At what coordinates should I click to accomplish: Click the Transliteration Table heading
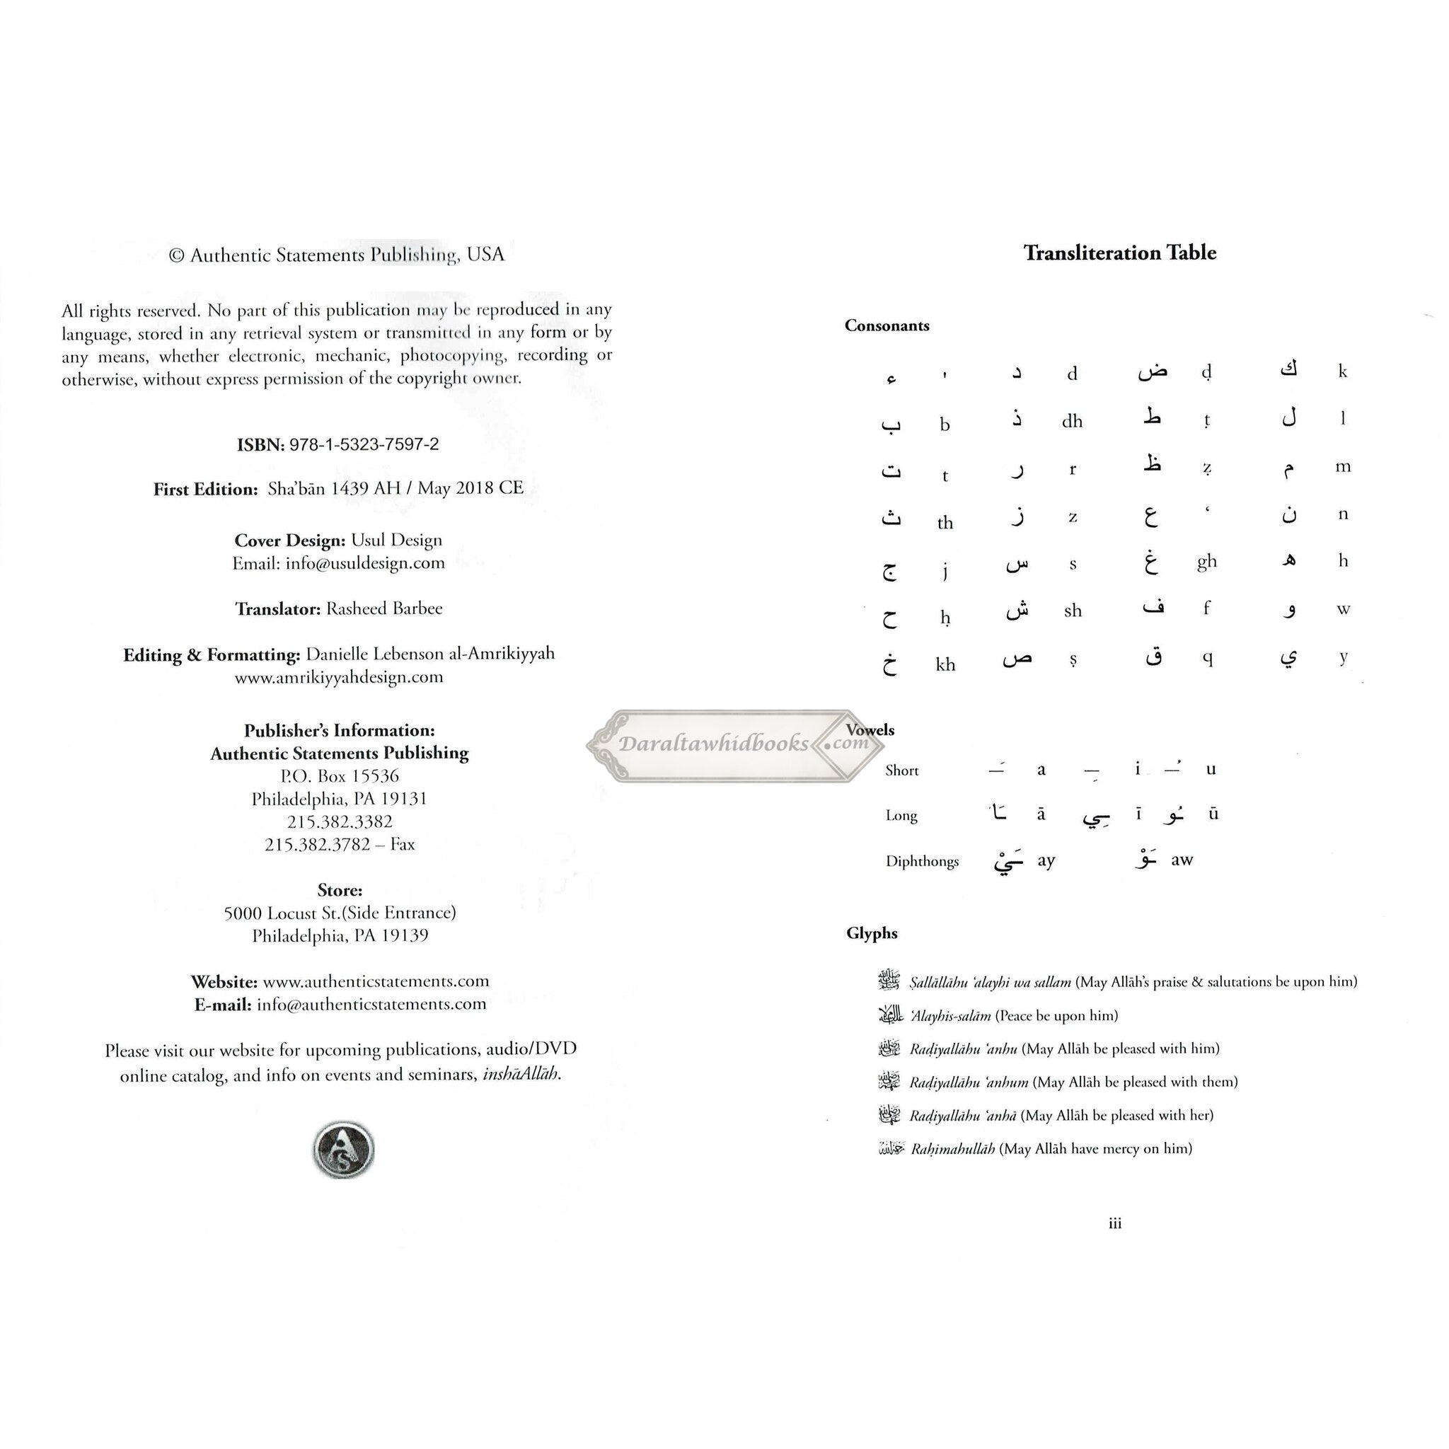(x=1119, y=253)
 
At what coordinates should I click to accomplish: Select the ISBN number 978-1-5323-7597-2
(x=364, y=444)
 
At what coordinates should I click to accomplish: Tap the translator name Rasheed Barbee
(x=384, y=608)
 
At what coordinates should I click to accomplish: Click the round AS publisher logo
(x=342, y=1149)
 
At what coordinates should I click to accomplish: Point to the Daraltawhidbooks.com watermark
(x=735, y=744)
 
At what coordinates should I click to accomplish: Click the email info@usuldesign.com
(x=364, y=563)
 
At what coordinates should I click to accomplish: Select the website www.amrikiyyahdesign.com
(x=339, y=677)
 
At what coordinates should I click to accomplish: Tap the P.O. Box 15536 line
(x=340, y=776)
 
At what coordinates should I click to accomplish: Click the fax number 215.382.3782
(x=317, y=845)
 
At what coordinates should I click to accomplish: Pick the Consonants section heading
(x=887, y=325)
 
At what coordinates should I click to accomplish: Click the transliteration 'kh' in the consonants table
(x=945, y=664)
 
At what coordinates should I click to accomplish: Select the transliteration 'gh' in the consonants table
(x=1206, y=562)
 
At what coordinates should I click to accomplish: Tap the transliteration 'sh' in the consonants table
(x=1073, y=611)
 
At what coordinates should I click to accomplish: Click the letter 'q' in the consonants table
(x=1207, y=658)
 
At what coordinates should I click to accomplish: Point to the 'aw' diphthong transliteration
(x=1182, y=860)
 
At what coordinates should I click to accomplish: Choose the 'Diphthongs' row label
(x=922, y=861)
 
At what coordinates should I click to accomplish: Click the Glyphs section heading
(x=872, y=933)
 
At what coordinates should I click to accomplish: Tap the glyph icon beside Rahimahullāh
(x=891, y=1148)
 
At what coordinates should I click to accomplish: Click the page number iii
(x=1114, y=1223)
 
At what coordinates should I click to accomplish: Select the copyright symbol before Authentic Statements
(x=176, y=255)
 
